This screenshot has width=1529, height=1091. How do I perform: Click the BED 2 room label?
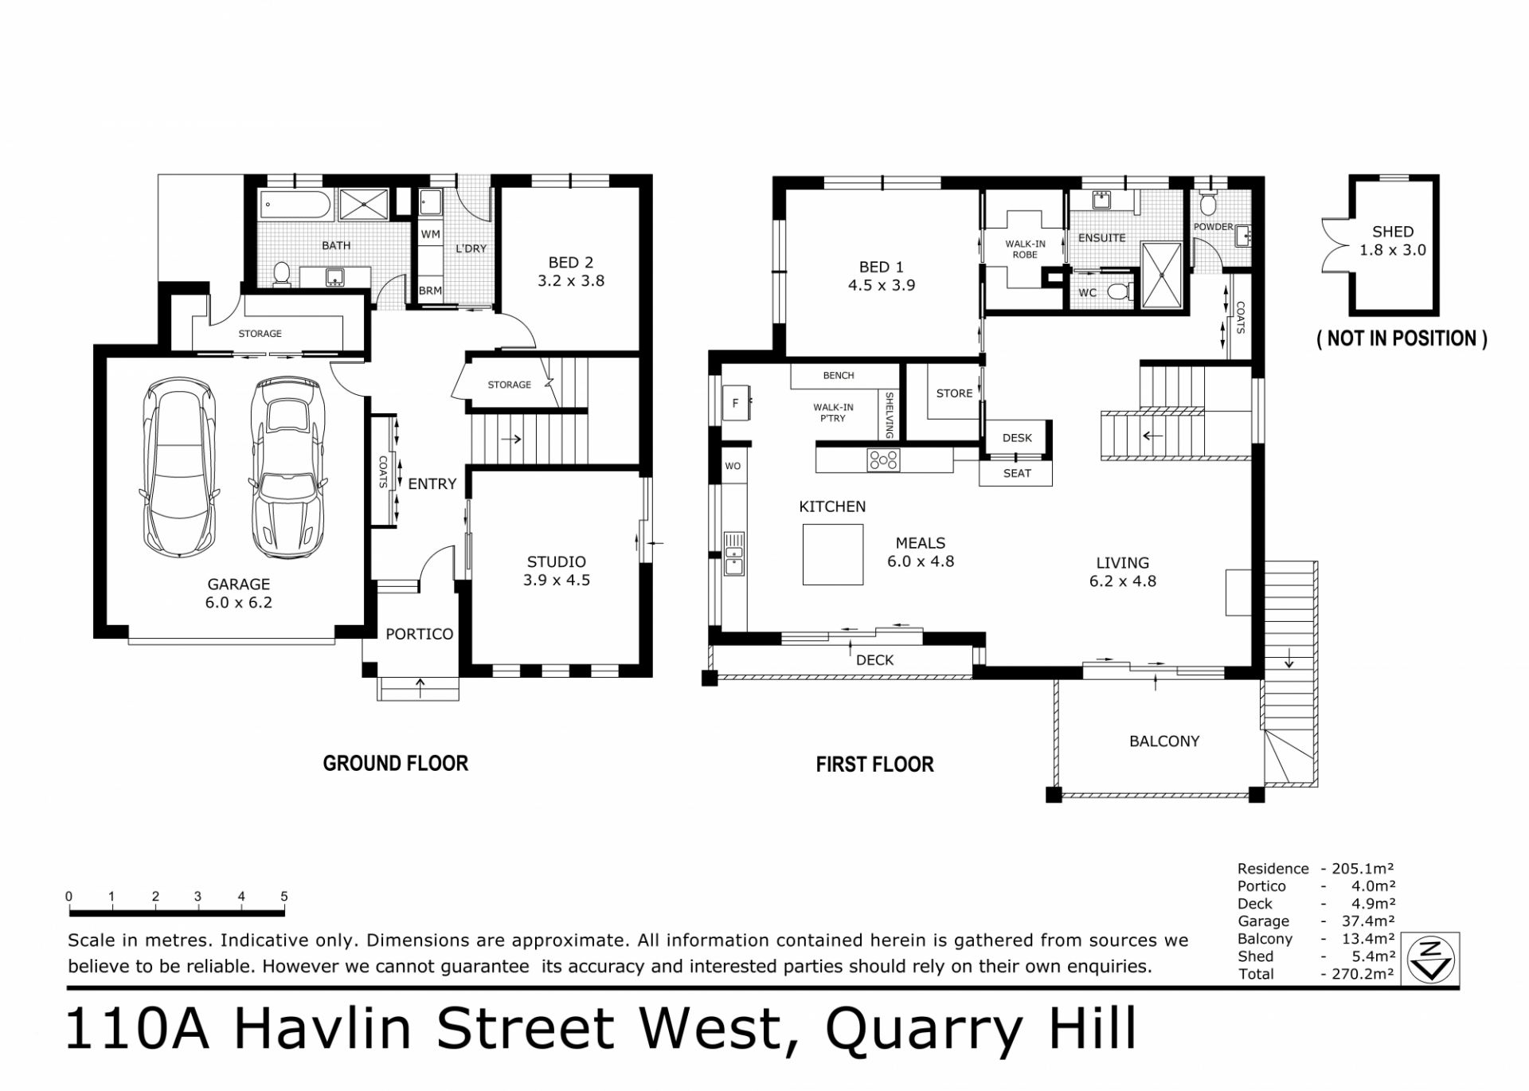tap(571, 262)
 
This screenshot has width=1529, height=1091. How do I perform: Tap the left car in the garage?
tap(179, 467)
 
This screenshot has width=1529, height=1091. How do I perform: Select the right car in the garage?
tap(287, 467)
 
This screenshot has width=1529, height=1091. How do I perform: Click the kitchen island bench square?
tap(833, 555)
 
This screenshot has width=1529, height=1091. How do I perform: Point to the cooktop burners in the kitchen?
tap(883, 460)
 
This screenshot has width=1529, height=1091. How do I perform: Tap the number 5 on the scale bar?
tap(284, 897)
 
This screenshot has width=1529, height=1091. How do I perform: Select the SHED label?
tap(1393, 232)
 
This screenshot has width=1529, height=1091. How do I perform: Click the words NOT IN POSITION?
tap(1402, 338)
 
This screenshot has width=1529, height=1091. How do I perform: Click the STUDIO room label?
tap(557, 561)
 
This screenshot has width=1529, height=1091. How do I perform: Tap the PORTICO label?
tap(419, 634)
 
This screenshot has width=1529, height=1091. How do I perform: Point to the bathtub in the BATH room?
tap(295, 205)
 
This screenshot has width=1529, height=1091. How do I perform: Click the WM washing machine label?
tap(431, 234)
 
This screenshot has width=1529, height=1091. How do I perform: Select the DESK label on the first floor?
tap(1017, 438)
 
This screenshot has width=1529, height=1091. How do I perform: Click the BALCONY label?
tap(1164, 741)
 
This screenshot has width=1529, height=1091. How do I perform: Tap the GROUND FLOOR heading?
tap(395, 763)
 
